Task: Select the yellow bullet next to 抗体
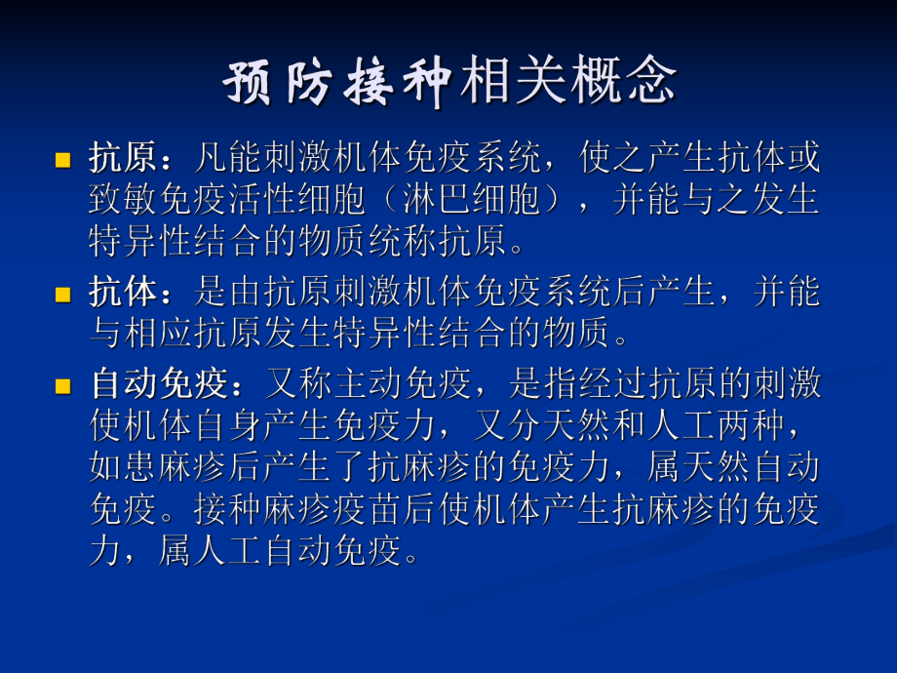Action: [x=63, y=294]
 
